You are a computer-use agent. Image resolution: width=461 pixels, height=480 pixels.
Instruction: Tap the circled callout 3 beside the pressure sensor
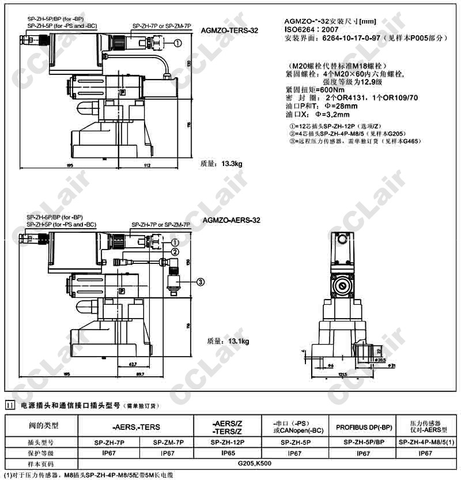[x=201, y=282]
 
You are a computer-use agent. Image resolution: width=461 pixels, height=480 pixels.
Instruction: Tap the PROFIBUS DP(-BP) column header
[x=364, y=427]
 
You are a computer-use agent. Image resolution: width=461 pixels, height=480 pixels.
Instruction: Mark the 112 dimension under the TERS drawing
[x=146, y=166]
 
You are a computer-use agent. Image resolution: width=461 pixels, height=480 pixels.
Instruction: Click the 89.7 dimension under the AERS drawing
[x=139, y=375]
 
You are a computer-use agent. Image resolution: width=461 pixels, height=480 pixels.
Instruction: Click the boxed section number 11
[x=10, y=405]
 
